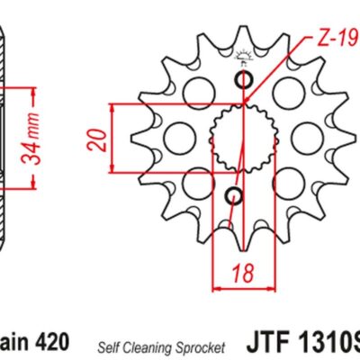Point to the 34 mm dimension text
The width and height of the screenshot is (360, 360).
pyautogui.click(x=31, y=136)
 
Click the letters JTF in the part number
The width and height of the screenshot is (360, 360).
pyautogui.click(x=264, y=345)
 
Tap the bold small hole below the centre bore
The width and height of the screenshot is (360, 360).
pyautogui.click(x=234, y=195)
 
